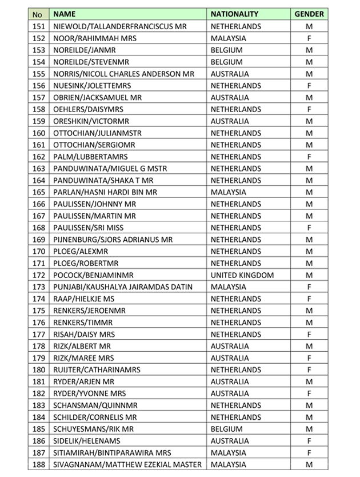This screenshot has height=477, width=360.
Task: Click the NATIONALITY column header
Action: pos(234,14)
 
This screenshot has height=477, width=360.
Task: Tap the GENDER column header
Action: pos(309,14)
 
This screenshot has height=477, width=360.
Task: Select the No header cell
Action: pos(38,14)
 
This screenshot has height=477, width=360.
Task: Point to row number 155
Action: pos(38,74)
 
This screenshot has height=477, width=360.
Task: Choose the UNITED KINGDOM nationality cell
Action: pos(242,275)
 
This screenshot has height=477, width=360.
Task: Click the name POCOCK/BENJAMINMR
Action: pos(93,275)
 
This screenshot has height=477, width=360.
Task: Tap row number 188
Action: pos(38,464)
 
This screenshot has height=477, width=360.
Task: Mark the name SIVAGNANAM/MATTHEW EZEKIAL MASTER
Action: pos(127,464)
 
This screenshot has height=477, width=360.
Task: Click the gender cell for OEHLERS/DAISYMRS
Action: pos(309,109)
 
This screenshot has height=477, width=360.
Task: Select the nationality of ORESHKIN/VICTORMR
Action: pos(230,121)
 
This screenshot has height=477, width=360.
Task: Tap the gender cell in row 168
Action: pos(309,228)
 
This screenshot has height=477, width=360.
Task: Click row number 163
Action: pos(38,169)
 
